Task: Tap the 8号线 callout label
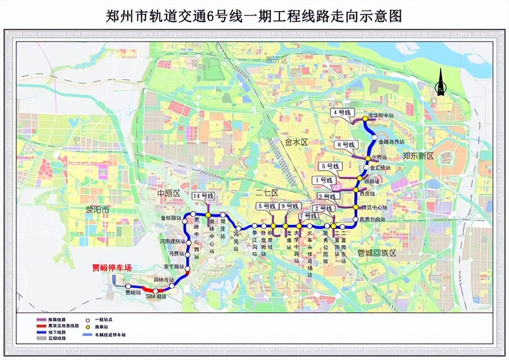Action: coord(344,145)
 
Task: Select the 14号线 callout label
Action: coord(203,196)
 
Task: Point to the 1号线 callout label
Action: coord(323,180)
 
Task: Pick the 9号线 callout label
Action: coord(291,206)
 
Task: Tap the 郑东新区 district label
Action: coord(418,156)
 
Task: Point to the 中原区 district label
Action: coord(169,193)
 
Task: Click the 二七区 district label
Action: coord(267,193)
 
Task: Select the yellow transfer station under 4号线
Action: coord(365,119)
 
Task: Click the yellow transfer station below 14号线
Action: coord(209,215)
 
